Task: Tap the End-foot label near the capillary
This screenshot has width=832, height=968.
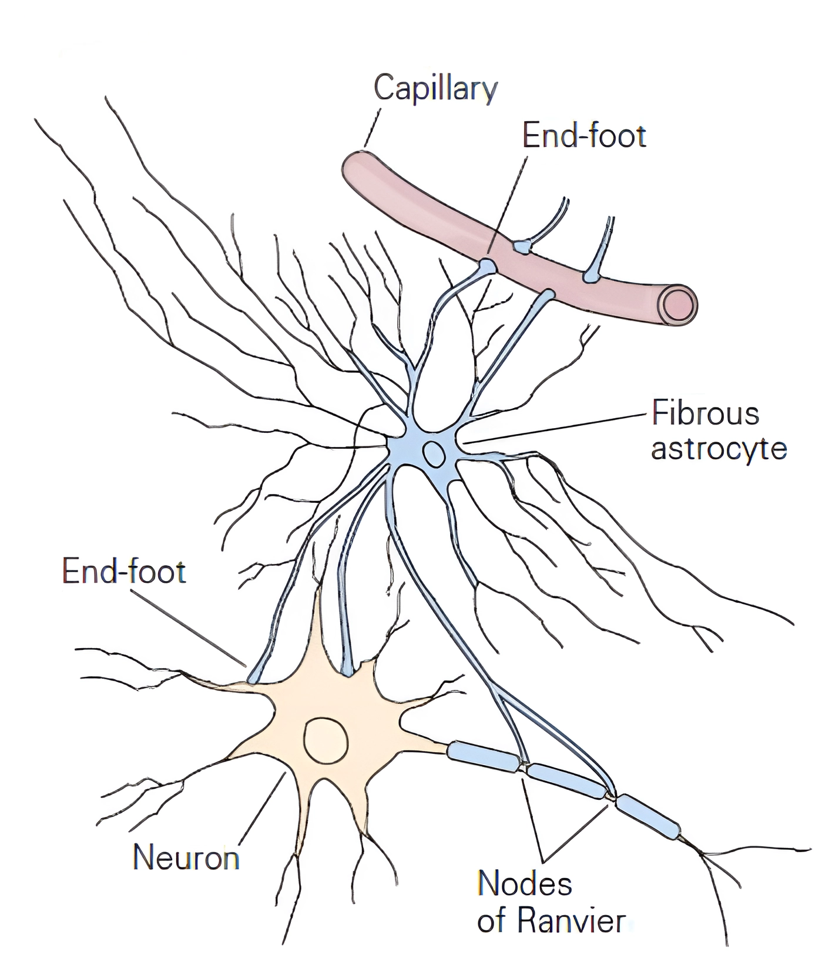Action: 584,136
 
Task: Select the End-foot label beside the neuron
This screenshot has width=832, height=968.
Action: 124,572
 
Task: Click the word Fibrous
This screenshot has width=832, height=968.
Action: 706,414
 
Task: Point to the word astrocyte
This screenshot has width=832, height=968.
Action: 719,449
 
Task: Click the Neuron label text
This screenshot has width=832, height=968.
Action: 186,857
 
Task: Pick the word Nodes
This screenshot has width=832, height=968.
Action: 525,883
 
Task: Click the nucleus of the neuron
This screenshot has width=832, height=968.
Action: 326,740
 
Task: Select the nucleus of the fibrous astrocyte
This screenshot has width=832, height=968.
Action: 434,453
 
